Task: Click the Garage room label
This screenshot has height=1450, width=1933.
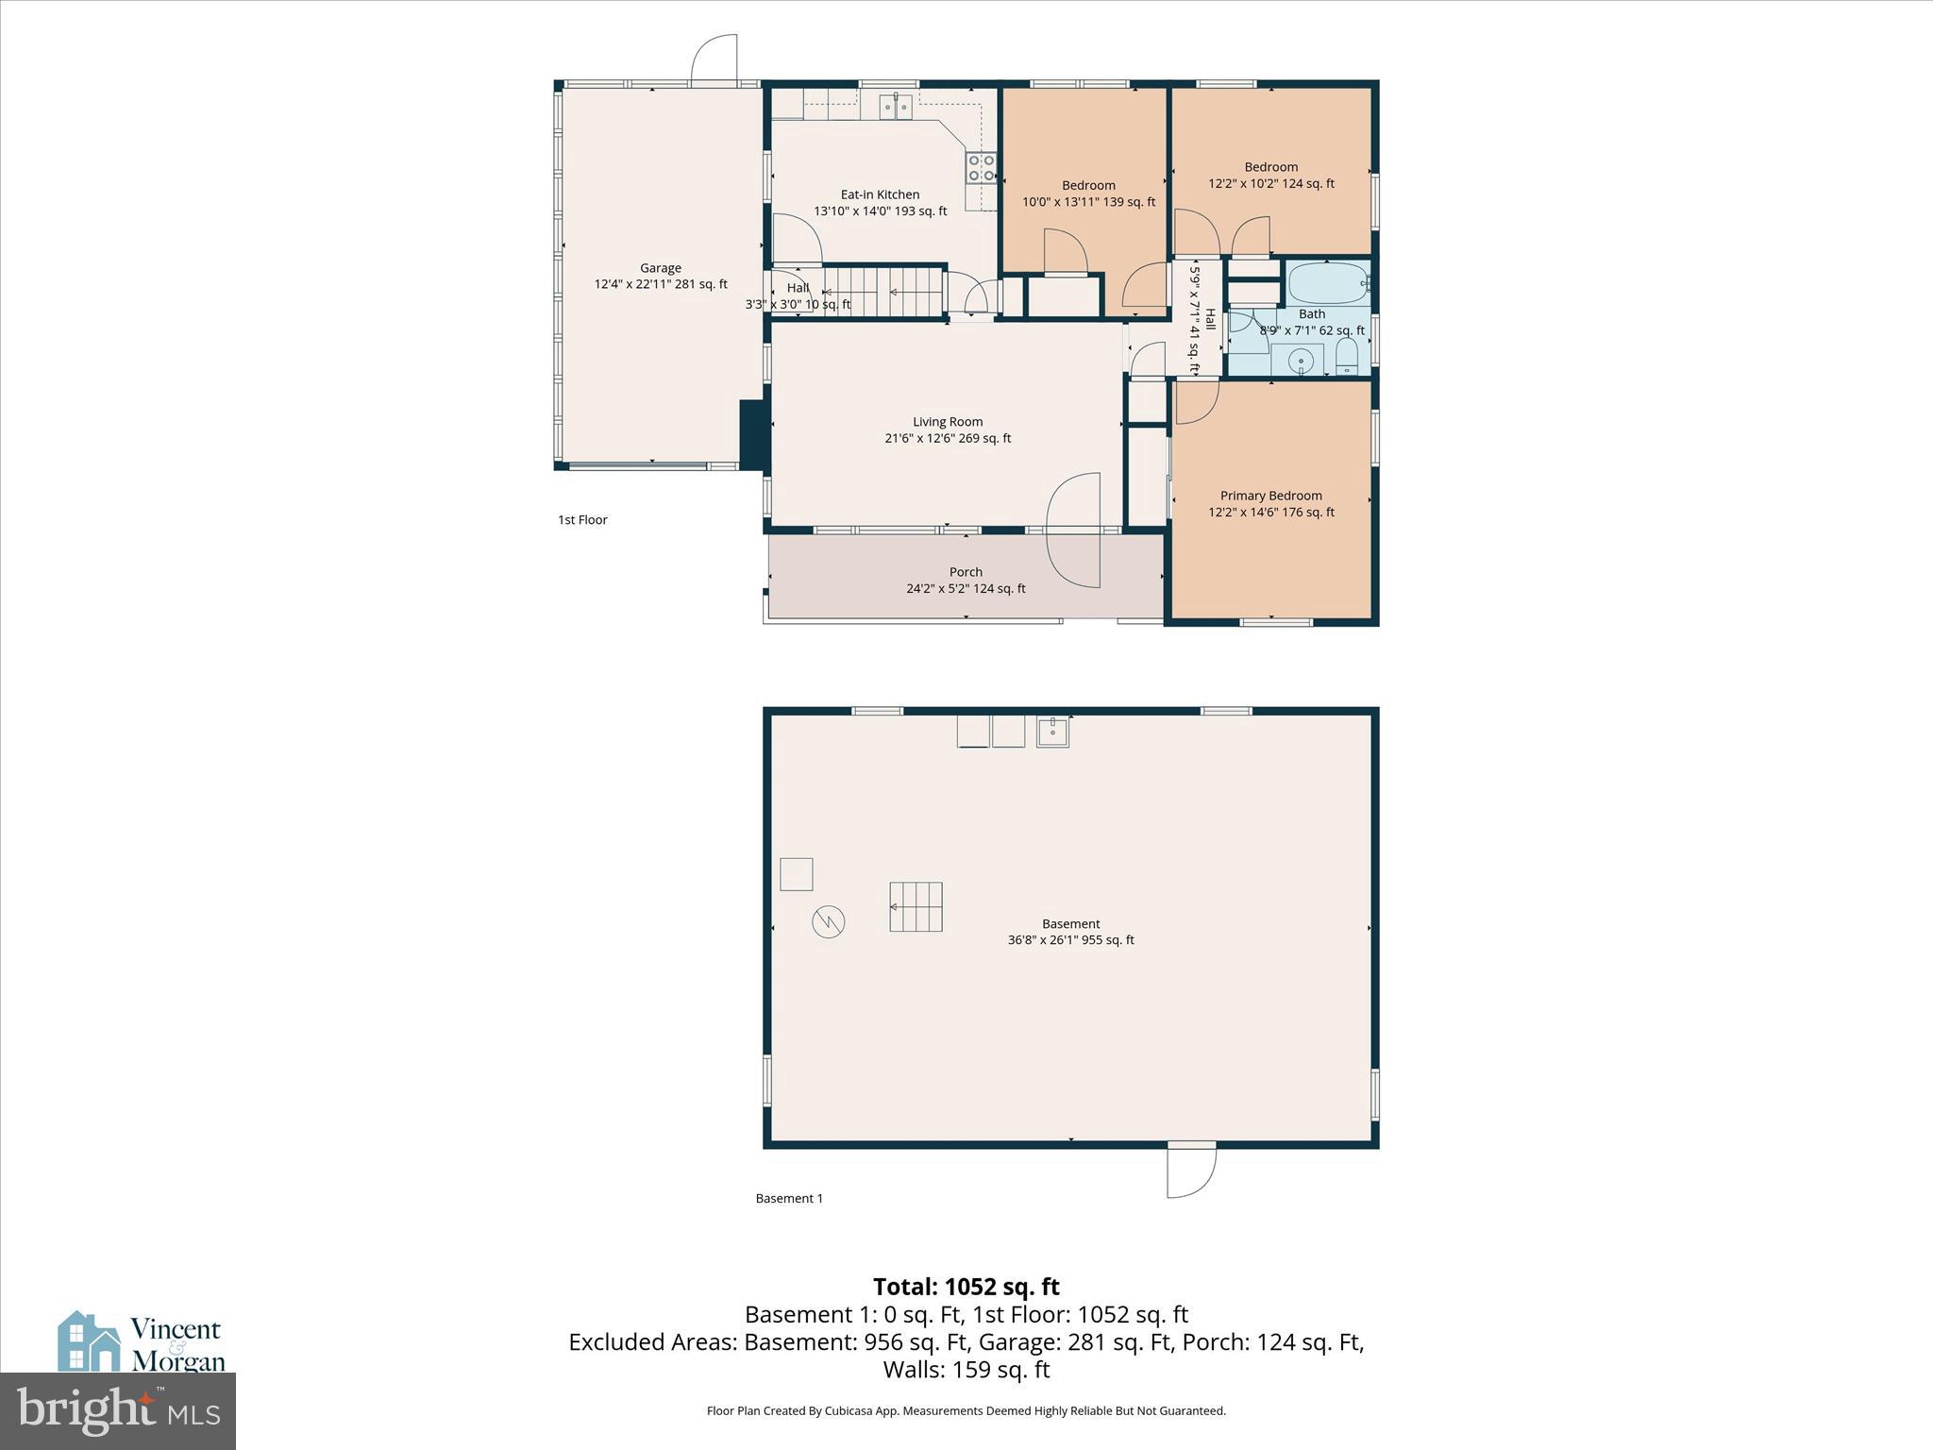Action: click(660, 268)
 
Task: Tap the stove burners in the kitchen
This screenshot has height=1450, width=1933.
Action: click(981, 168)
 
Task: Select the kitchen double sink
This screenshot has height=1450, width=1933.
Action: click(897, 108)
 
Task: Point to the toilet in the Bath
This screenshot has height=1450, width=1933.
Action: click(1346, 356)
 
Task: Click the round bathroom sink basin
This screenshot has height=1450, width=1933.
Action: click(1302, 360)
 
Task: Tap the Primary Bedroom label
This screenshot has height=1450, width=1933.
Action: click(1270, 496)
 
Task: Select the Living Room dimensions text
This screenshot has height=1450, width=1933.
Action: click(947, 438)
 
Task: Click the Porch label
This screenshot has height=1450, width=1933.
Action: click(966, 572)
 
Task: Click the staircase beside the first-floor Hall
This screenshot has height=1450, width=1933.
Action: click(883, 292)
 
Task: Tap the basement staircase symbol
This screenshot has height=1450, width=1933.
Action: click(916, 906)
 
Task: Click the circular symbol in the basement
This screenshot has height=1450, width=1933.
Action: click(829, 921)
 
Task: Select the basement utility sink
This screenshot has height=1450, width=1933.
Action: click(1052, 732)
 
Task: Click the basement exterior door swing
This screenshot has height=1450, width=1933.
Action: click(1191, 1172)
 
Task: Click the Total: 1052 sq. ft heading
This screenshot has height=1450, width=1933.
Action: click(966, 1287)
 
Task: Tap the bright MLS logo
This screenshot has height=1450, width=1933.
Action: click(118, 1411)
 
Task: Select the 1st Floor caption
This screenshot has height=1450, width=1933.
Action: click(582, 519)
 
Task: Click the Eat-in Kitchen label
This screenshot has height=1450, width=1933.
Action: click(880, 194)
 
